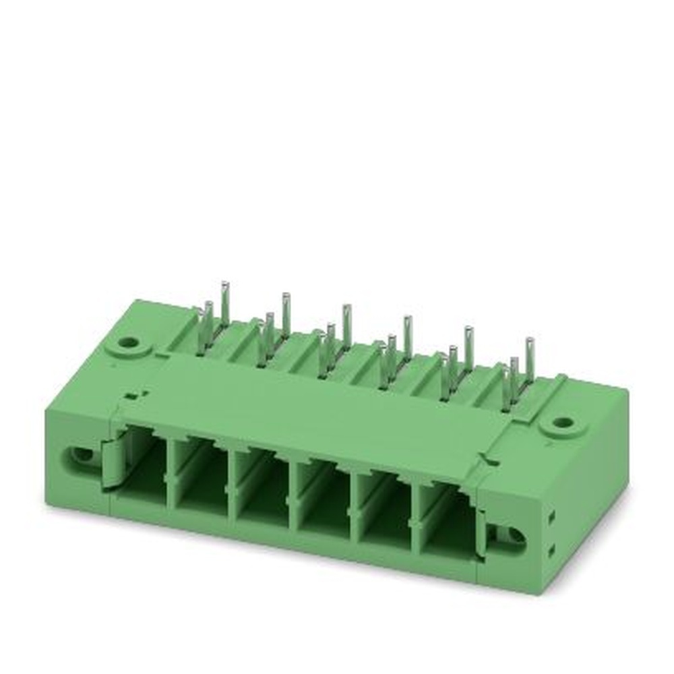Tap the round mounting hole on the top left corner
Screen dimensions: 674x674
[x=127, y=342]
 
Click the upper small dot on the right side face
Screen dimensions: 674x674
[x=553, y=515]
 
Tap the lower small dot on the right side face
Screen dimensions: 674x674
[x=552, y=550]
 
